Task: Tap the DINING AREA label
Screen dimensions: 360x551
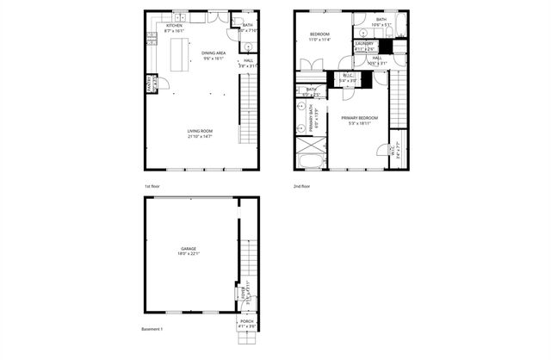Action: coord(214,53)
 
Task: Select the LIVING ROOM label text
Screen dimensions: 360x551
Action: coord(200,130)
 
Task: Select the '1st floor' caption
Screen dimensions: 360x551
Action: coord(152,186)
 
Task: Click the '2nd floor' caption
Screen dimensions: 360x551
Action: coord(302,186)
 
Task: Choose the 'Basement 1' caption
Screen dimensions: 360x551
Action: coord(152,329)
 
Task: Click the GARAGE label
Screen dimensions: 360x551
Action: coord(189,249)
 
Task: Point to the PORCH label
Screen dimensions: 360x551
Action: coord(247,320)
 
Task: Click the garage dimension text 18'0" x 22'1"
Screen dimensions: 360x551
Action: coord(189,254)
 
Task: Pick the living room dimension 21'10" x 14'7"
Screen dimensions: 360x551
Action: coord(200,135)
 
